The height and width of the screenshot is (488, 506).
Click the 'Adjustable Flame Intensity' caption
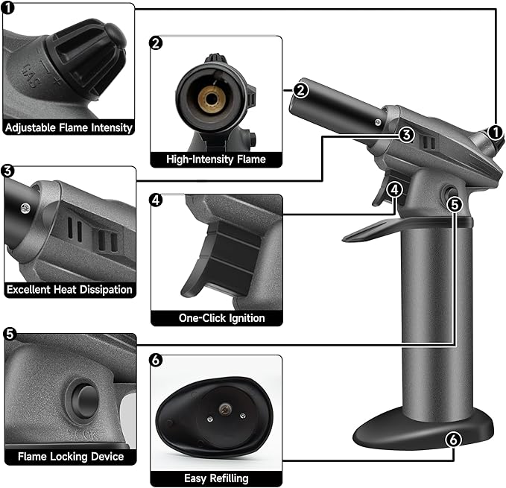tap(69, 127)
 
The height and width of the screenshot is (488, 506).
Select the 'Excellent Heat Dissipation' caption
tap(69, 289)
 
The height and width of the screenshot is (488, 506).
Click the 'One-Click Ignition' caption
tap(221, 318)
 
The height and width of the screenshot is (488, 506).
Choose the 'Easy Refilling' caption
tap(216, 478)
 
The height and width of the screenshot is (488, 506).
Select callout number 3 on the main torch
tap(405, 134)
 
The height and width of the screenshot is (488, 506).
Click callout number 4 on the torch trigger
tap(395, 189)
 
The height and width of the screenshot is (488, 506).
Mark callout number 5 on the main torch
tap(455, 201)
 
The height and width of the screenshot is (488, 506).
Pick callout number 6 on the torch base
tap(452, 440)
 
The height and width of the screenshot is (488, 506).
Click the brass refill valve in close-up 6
tap(224, 406)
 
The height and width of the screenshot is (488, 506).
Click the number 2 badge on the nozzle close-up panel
tap(156, 42)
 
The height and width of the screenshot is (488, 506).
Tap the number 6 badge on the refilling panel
tap(156, 361)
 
